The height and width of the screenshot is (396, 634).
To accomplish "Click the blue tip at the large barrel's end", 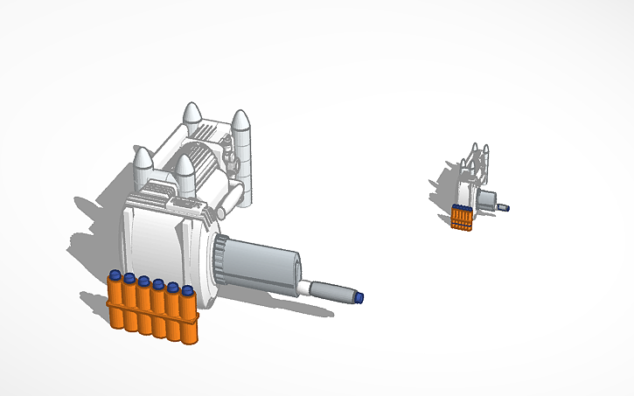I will coord(359,298).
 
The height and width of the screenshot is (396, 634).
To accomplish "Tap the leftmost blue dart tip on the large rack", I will coord(115,275).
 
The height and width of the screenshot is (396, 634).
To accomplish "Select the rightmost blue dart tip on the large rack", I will coord(186,289).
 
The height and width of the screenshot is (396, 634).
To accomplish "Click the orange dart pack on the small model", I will coord(462,217).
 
